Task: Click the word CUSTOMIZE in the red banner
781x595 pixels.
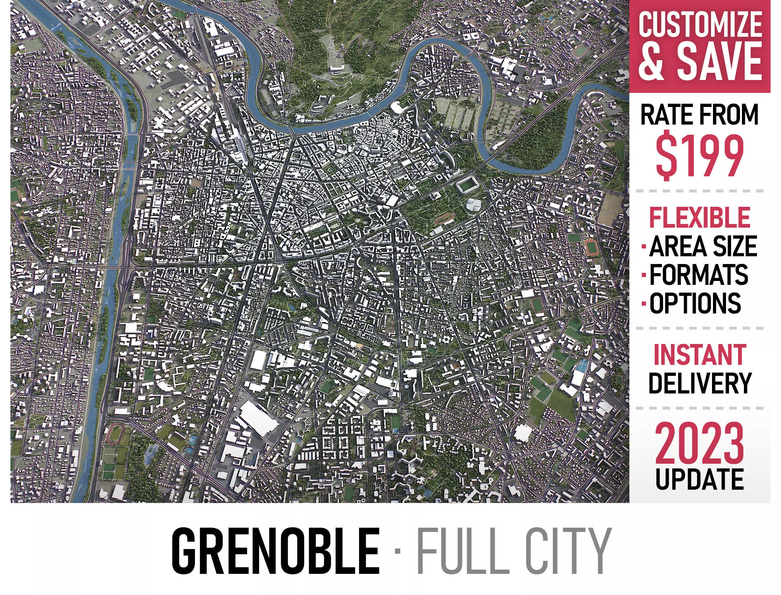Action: coord(700,24)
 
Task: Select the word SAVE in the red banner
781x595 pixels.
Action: coord(720,61)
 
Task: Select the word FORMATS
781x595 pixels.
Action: coord(698,274)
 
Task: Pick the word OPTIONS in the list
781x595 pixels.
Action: coord(695,303)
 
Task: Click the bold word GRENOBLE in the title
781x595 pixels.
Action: coord(275,551)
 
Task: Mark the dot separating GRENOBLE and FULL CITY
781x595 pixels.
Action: coord(397,551)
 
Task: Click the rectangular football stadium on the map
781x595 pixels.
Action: coord(467,185)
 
